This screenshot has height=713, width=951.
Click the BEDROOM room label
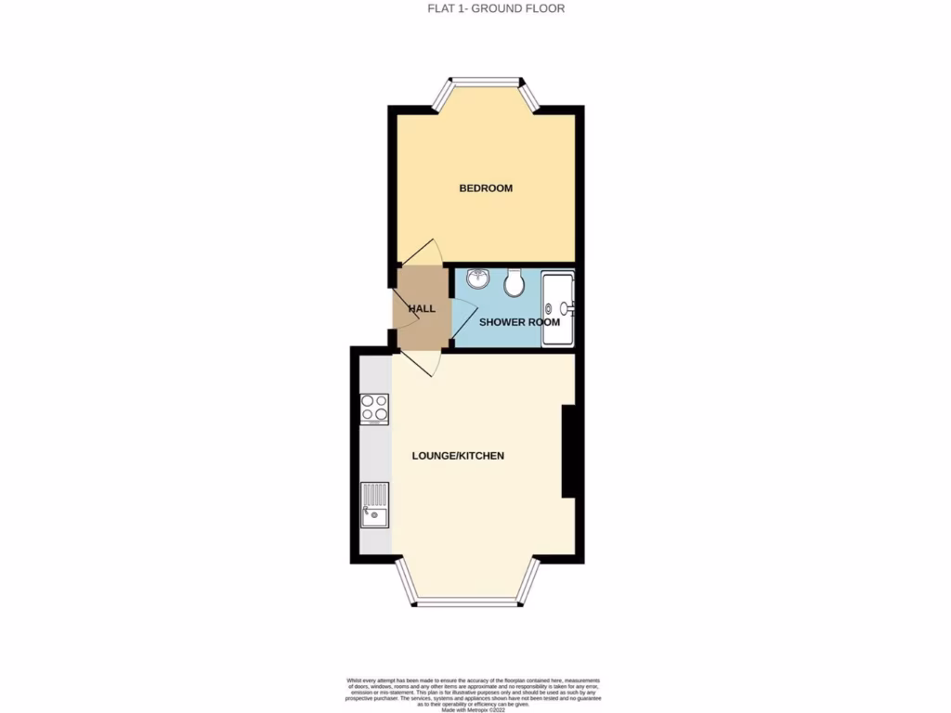[x=486, y=188]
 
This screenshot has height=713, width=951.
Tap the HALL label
[x=422, y=308]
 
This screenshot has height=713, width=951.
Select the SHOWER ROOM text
[x=519, y=322]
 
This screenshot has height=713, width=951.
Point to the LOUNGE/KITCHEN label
[x=458, y=456]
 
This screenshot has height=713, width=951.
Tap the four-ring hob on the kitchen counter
[x=374, y=408]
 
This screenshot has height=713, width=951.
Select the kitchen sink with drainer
[x=375, y=505]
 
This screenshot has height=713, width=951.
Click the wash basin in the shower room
[x=478, y=278]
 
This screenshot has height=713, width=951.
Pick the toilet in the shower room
[x=515, y=279]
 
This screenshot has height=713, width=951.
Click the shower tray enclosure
[x=558, y=307]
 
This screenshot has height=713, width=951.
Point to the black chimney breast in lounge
[x=570, y=453]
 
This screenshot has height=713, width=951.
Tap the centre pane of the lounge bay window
[x=465, y=603]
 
